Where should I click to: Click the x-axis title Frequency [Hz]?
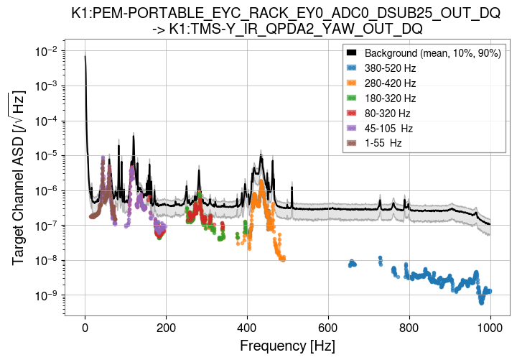coord(287,346)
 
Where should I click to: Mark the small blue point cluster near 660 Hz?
coord(352,264)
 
